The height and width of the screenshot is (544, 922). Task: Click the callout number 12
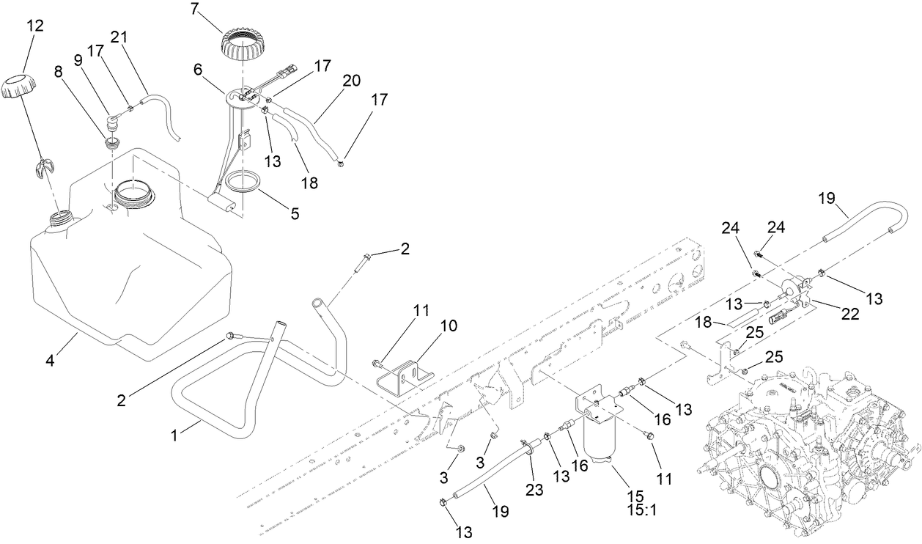point(35,26)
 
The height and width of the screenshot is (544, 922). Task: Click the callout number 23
point(534,490)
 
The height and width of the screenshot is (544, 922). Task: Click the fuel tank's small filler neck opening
point(62,218)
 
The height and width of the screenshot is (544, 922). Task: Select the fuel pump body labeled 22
point(795,290)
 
